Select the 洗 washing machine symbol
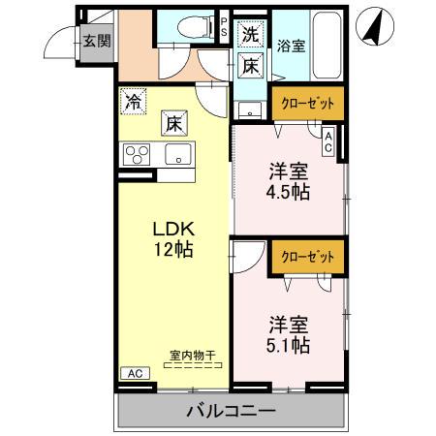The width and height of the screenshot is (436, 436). (250, 35)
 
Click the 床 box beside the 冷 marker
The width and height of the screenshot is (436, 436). (172, 123)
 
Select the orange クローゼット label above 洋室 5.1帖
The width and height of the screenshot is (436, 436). (303, 257)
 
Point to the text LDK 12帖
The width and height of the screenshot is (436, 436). (174, 239)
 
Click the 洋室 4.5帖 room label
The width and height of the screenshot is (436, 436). (290, 181)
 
